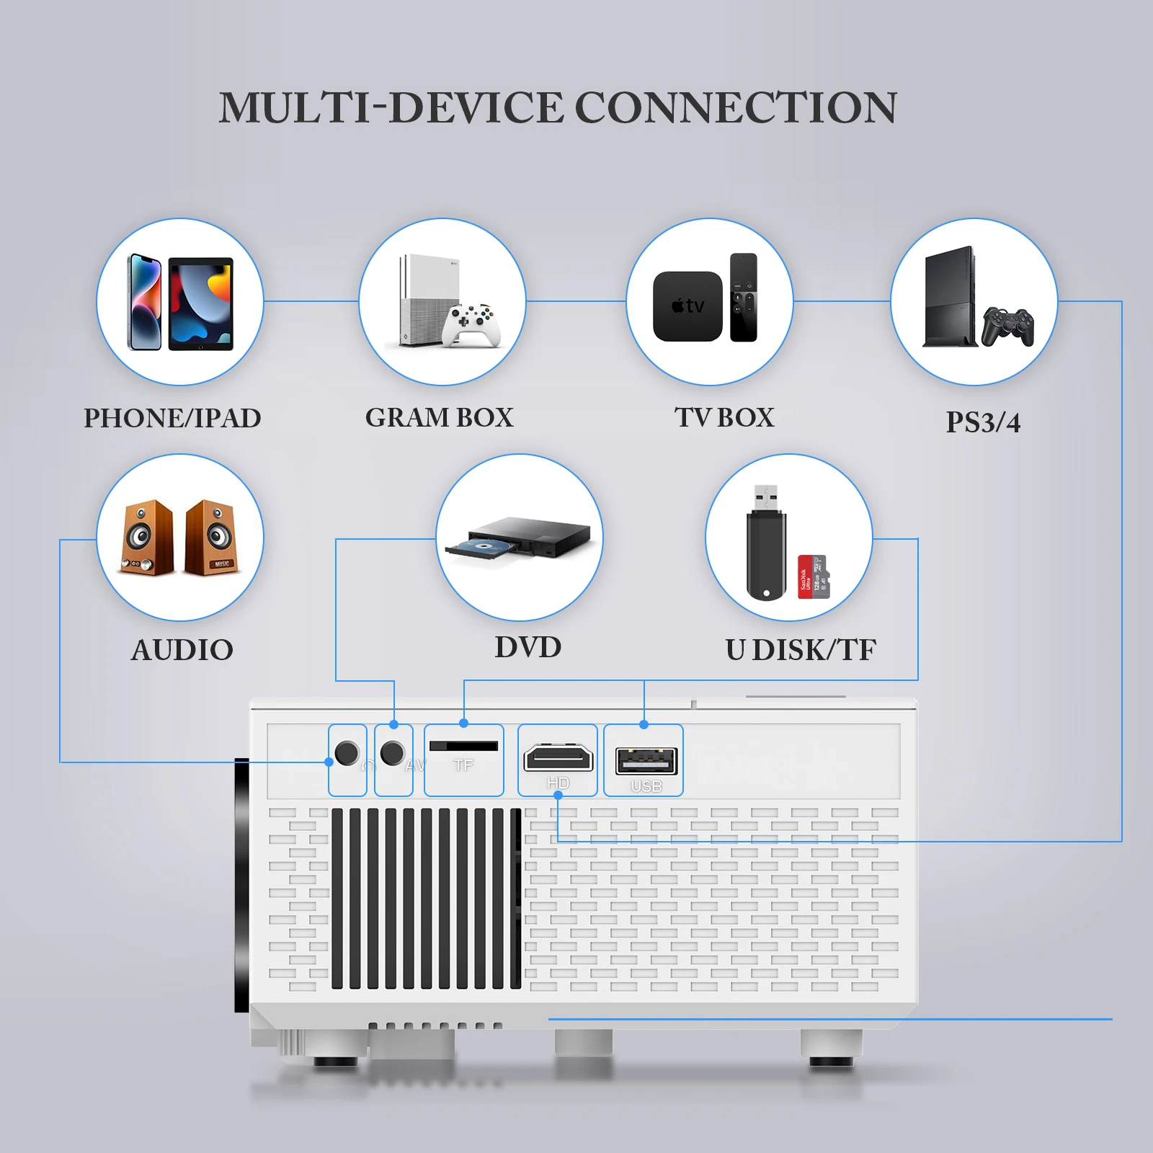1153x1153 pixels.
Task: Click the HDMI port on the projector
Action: pyautogui.click(x=558, y=758)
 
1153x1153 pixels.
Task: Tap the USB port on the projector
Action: pyautogui.click(x=646, y=761)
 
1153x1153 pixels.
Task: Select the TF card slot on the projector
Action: pyautogui.click(x=463, y=746)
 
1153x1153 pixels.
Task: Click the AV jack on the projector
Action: pyautogui.click(x=392, y=753)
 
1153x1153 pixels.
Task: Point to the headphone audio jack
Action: pyautogui.click(x=347, y=753)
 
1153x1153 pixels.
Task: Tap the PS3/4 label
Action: pyautogui.click(x=983, y=422)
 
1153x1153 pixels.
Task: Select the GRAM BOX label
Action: pyautogui.click(x=439, y=418)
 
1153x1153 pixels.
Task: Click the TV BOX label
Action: pyautogui.click(x=724, y=418)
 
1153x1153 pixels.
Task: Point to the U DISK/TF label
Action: pyautogui.click(x=801, y=650)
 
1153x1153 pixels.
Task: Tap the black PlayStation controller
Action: pyautogui.click(x=1007, y=326)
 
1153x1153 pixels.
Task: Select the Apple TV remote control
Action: pyautogui.click(x=743, y=297)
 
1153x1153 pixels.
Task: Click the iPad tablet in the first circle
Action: pyautogui.click(x=201, y=304)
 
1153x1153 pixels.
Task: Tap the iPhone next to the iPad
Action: pyautogui.click(x=145, y=303)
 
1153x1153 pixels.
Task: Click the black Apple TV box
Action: pyautogui.click(x=687, y=306)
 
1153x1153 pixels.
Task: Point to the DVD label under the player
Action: pyautogui.click(x=527, y=647)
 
